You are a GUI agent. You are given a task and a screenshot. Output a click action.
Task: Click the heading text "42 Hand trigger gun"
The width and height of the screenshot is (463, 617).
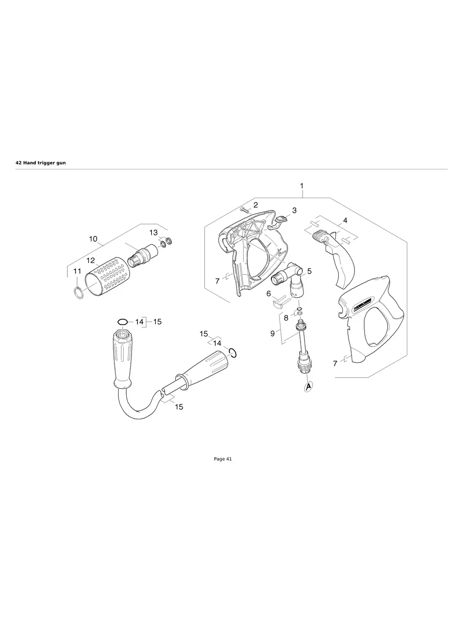pos(41,162)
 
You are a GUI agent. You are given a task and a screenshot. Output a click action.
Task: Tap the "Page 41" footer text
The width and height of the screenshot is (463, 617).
pos(223,459)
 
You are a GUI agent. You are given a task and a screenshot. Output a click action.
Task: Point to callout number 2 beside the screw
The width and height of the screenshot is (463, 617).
pos(256,205)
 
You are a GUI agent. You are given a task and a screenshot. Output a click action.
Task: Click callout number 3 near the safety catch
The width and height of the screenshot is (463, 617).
pos(294,210)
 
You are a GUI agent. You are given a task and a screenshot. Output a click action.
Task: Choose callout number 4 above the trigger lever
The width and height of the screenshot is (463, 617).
pos(345,221)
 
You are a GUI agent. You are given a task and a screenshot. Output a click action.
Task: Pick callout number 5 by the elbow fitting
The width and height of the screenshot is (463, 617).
pos(309,271)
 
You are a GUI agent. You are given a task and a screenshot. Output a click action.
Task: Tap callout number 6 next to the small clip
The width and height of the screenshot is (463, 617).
pos(268,294)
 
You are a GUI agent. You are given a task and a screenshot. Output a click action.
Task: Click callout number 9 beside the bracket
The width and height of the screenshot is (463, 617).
pos(273,334)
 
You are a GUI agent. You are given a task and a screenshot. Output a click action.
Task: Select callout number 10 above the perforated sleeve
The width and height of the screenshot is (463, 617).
pos(93,239)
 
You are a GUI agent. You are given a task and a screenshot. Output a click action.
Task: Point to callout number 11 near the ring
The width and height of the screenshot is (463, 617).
pos(76,272)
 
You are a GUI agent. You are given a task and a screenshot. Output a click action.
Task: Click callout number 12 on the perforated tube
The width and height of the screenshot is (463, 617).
pos(90,260)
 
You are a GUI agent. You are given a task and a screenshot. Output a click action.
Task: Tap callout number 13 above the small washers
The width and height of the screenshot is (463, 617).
pos(153,232)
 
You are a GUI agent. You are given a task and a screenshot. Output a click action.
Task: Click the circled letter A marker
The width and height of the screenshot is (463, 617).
pos(308,387)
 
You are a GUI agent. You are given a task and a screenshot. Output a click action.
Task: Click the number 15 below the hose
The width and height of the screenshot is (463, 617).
pos(179,407)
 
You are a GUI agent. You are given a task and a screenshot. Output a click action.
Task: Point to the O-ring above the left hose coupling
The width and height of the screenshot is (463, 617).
pos(123,322)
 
